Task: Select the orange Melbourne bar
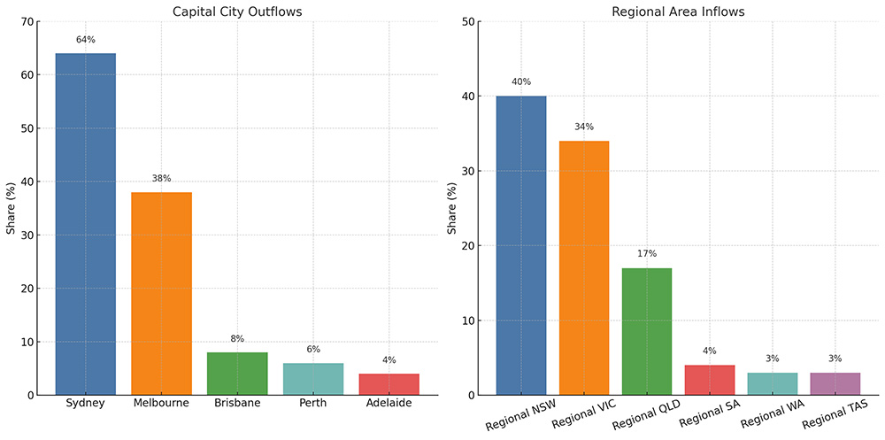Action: point(161,293)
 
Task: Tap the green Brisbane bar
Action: point(237,374)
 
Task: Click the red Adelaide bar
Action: point(389,384)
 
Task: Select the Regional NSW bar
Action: point(520,245)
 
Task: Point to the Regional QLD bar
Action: point(647,331)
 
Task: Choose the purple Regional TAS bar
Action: point(835,383)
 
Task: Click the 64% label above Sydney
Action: point(85,39)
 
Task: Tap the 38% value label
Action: point(161,178)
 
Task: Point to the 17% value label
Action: point(647,254)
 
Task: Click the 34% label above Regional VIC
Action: point(584,127)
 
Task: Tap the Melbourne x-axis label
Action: point(161,404)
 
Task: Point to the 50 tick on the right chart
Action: point(466,22)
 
